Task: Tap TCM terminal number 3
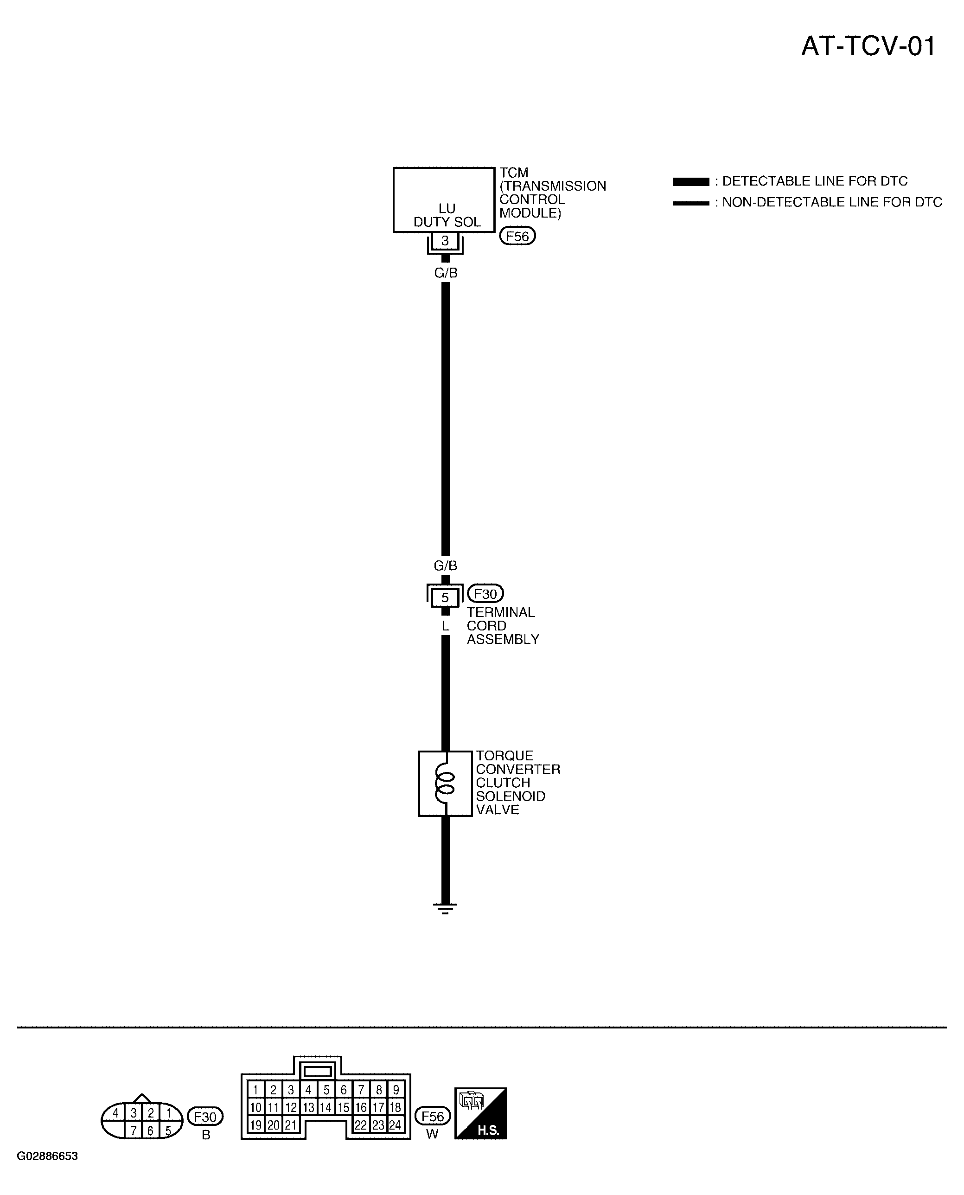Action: (x=445, y=241)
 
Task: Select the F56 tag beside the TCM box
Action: (x=517, y=236)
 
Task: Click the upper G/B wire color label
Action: (x=445, y=273)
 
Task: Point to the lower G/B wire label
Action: (x=445, y=565)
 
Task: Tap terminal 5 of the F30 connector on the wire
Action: (x=445, y=598)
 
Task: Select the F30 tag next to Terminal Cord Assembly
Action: (x=485, y=594)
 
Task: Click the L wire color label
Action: (x=445, y=626)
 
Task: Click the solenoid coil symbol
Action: (x=445, y=784)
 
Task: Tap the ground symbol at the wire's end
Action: (x=445, y=908)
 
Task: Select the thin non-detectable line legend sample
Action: (x=691, y=203)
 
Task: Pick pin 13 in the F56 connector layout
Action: (x=308, y=1107)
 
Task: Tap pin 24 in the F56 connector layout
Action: (x=396, y=1125)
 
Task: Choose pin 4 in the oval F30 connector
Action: (x=115, y=1113)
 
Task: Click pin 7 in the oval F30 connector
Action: (x=133, y=1130)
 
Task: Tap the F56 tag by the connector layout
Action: (x=433, y=1116)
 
